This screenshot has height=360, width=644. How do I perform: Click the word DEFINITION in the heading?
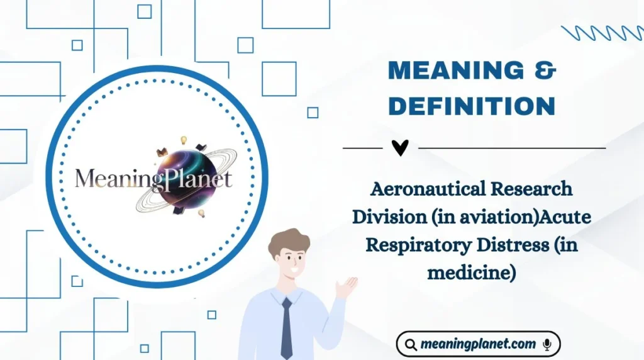[471, 106]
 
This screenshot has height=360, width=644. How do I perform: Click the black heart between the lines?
[399, 148]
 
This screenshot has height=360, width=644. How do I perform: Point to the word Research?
[535, 188]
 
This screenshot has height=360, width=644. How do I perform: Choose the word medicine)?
[471, 273]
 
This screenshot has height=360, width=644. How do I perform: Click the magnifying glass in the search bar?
[411, 344]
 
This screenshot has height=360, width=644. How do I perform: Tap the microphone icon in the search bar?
[548, 344]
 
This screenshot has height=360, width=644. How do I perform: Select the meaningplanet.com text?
[479, 344]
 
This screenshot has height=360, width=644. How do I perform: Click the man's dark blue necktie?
[287, 327]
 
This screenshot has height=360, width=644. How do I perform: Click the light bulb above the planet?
[184, 140]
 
